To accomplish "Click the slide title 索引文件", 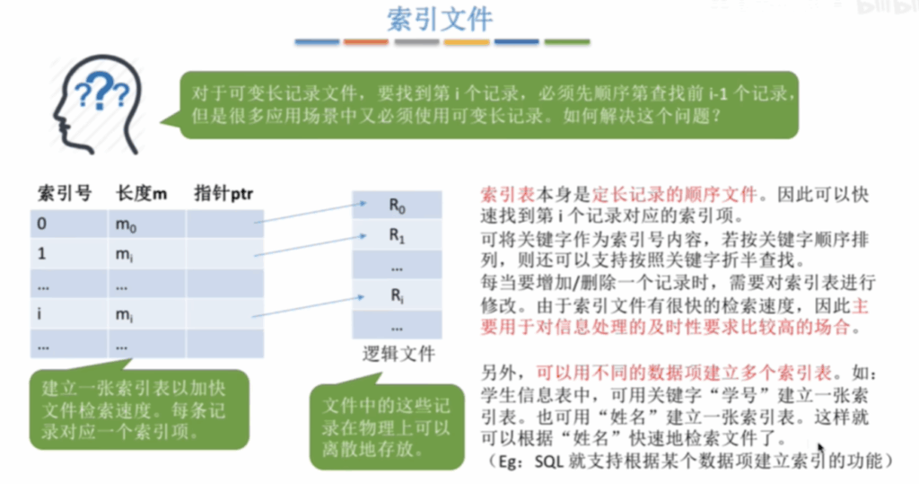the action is pos(440,20).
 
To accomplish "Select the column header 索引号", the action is pos(65,193).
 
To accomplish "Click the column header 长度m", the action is pos(141,193).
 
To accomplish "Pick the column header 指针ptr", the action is pos(223,193).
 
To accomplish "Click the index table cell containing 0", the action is pos(68,224).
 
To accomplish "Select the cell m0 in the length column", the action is pos(146,224).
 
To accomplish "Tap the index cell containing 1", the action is pos(68,254).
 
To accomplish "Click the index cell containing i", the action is pos(68,314).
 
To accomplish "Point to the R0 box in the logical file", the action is pos(397,206).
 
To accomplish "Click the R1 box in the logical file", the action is pos(397,235).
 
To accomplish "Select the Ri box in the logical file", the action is pos(397,295).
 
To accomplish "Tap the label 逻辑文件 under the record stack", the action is pos(398,354).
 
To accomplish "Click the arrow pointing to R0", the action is pos(311,213).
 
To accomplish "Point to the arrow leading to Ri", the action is pos(309,306).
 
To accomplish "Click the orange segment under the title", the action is pos(366,41).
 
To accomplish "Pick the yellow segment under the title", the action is pos(467,41).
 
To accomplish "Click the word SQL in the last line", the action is pos(548,462).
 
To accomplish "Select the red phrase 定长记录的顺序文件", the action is pos(675,194).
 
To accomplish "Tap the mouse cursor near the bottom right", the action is pos(820,448).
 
